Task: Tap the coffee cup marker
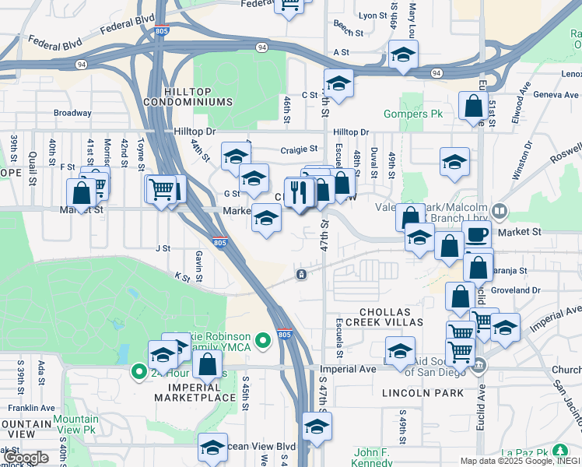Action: pos(477,236)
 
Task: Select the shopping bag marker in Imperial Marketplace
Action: pos(208,363)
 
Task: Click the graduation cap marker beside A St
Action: pos(403,54)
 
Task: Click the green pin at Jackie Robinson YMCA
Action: pos(264,339)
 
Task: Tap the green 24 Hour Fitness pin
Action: pos(139,371)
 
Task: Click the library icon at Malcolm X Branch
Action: pos(500,210)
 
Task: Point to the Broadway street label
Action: pos(72,113)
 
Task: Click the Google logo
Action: pos(26,458)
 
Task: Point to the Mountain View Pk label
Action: pos(75,424)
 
